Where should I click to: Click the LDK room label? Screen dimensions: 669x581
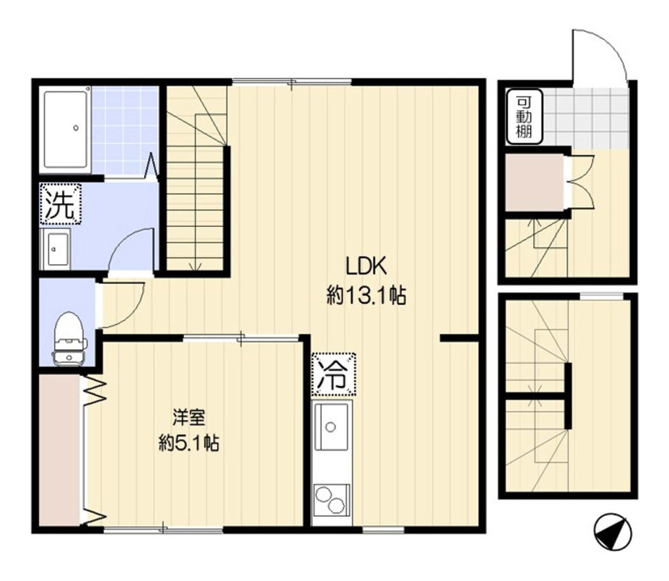[x=366, y=266]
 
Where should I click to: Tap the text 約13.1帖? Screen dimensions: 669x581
[x=366, y=295]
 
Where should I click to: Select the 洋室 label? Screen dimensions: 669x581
[x=189, y=417]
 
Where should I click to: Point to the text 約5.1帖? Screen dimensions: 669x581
[x=189, y=443]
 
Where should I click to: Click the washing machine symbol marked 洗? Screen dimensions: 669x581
[x=60, y=204]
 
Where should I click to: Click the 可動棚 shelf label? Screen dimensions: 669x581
[x=524, y=116]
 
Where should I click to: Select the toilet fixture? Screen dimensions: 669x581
[x=68, y=339]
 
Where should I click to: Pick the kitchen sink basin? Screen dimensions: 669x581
[x=332, y=426]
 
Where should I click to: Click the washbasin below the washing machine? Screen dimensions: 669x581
[x=56, y=249]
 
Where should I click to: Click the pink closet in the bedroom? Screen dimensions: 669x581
[x=59, y=449]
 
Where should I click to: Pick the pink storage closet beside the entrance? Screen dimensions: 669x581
[x=535, y=183]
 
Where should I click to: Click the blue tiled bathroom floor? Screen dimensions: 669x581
[x=124, y=130]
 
